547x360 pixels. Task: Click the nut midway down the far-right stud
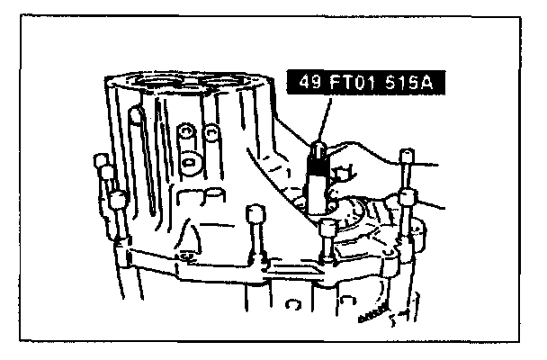(x=406, y=197)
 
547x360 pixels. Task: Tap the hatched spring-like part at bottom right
(x=370, y=318)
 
